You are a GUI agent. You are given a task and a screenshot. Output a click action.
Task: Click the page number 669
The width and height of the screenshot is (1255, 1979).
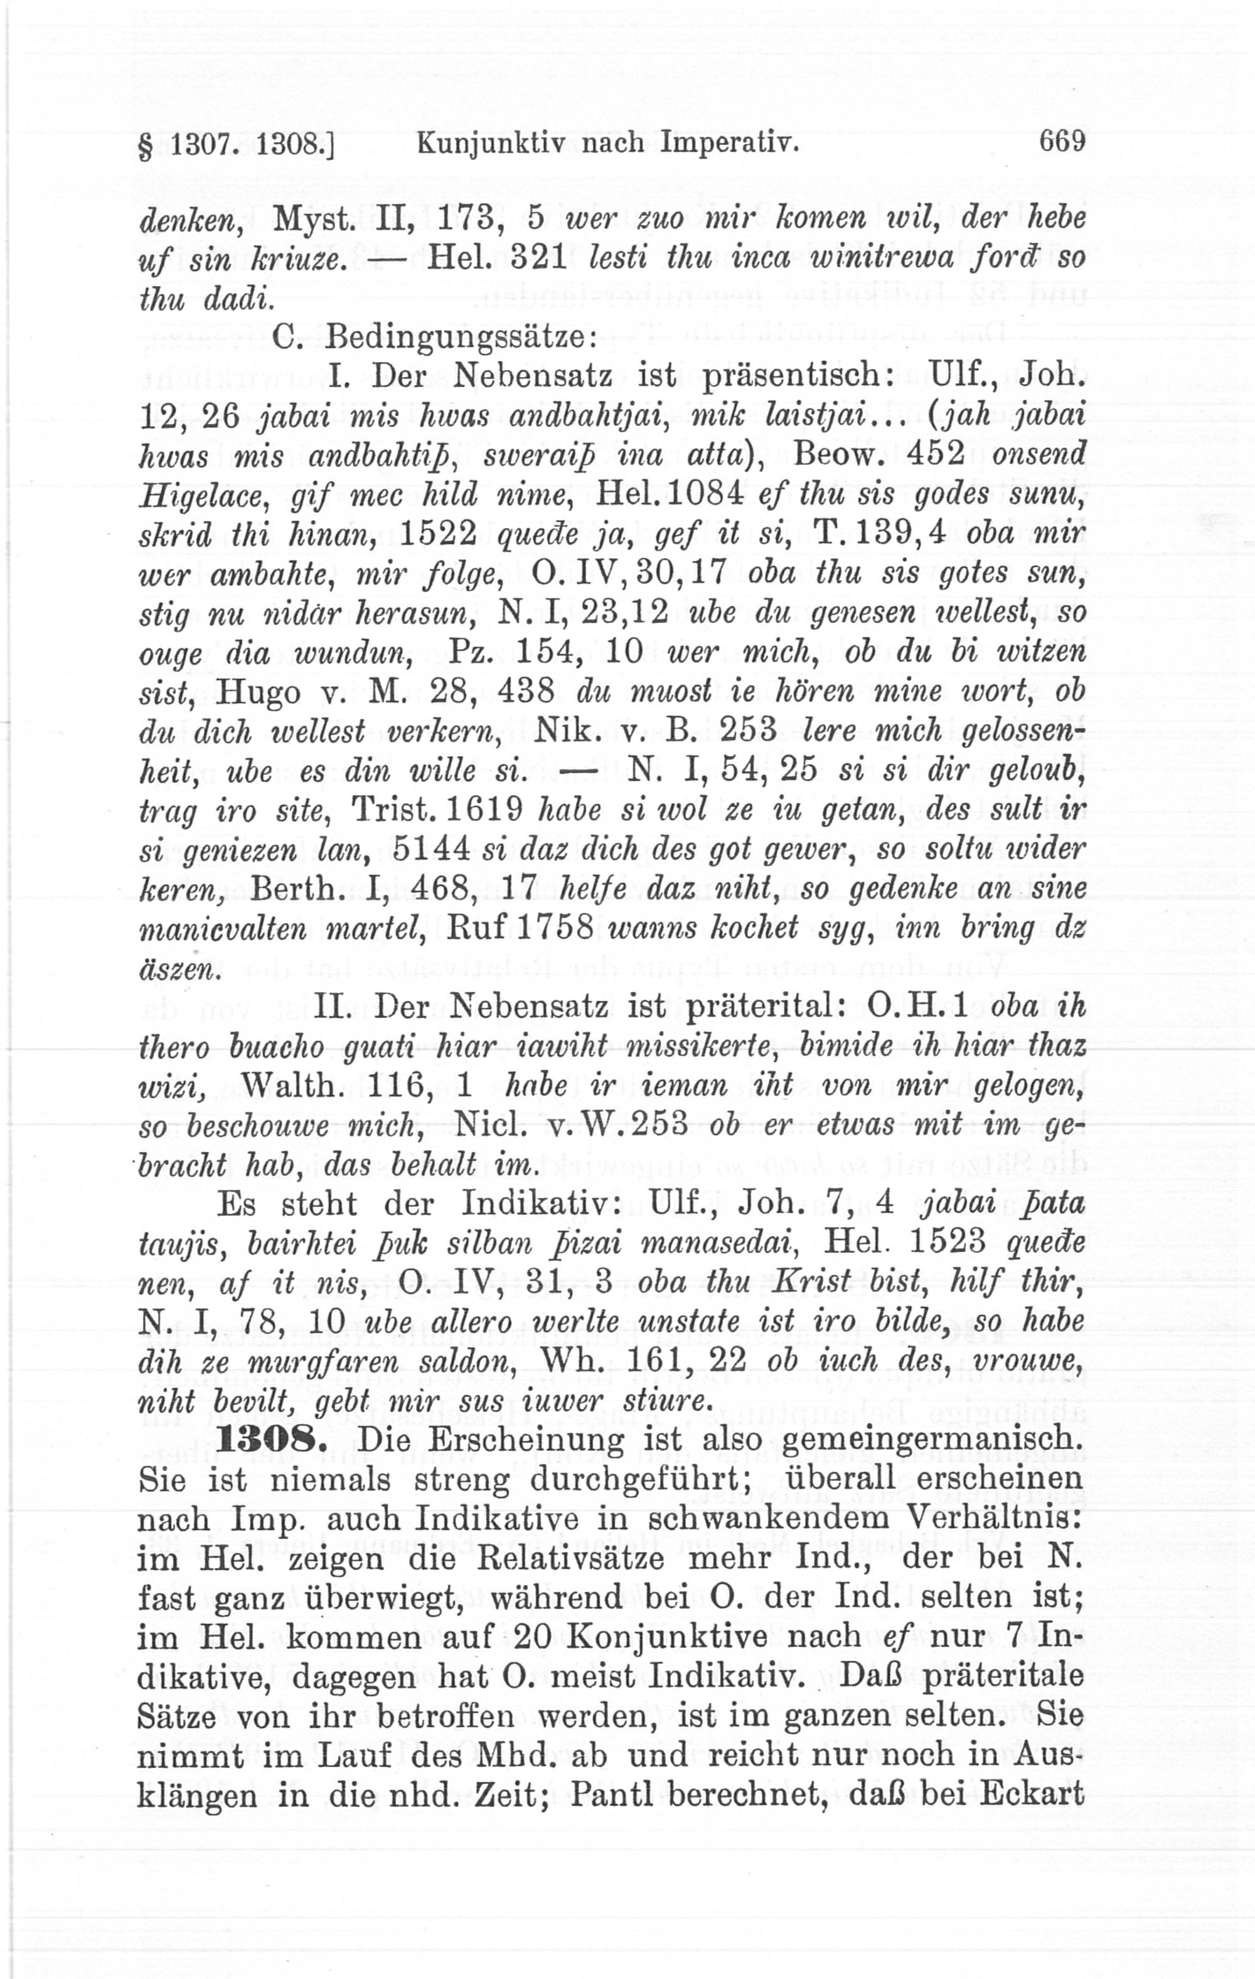pos(1062,141)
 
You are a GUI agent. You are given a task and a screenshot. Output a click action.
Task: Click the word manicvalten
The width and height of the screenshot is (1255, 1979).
pos(222,929)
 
